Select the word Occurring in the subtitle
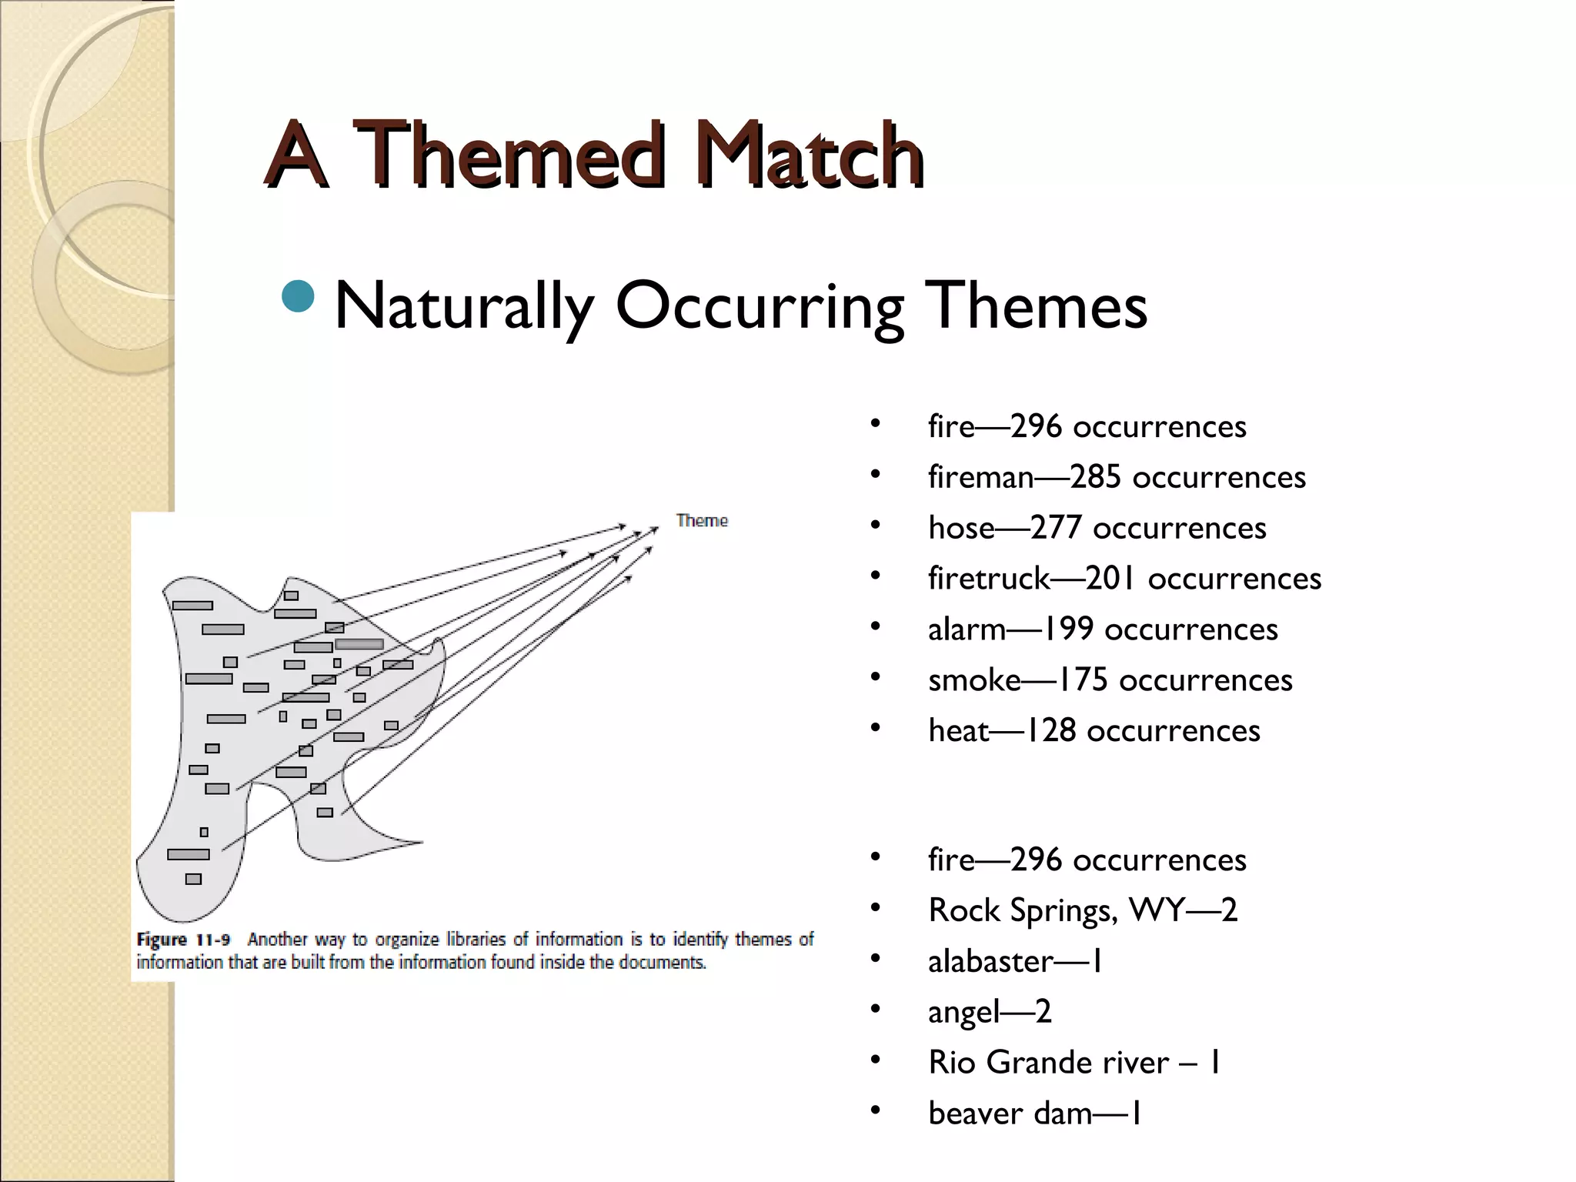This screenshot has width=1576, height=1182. pyautogui.click(x=760, y=306)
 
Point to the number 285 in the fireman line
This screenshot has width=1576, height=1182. pyautogui.click(x=1095, y=477)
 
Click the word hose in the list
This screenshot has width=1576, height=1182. pyautogui.click(x=961, y=528)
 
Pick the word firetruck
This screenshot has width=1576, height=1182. pyautogui.click(x=989, y=579)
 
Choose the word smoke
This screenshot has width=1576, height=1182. pyautogui.click(x=974, y=680)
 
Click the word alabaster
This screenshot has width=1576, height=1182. pyautogui.click(x=990, y=961)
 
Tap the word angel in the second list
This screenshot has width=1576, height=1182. pyautogui.click(x=963, y=1012)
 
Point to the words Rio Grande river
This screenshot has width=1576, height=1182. pyautogui.click(x=1048, y=1063)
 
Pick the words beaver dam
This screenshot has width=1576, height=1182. pyautogui.click(x=1010, y=1114)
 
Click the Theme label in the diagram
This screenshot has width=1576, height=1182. pyautogui.click(x=702, y=521)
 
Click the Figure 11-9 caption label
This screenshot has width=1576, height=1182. pyautogui.click(x=183, y=940)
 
